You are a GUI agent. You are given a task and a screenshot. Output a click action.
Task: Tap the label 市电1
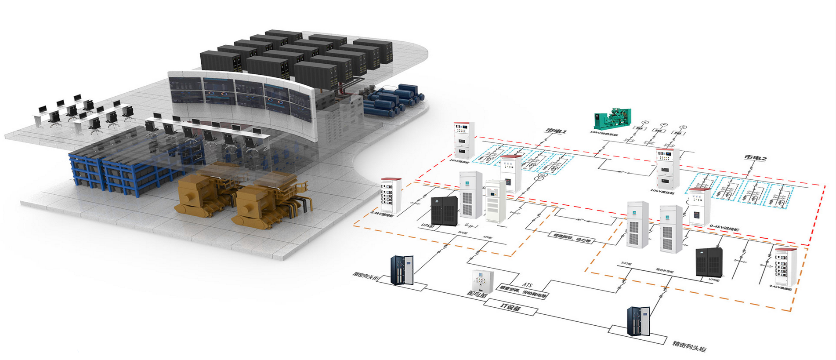click(x=555, y=131)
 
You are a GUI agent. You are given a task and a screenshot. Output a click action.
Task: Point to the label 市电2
click(x=755, y=157)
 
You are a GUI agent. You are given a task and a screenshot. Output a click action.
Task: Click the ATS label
click(x=527, y=285)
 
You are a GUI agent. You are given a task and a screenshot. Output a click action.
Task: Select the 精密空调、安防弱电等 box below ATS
click(x=522, y=292)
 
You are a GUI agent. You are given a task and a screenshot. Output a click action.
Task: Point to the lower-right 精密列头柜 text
click(x=689, y=346)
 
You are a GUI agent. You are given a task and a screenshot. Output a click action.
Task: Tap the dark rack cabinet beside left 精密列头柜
click(x=402, y=270)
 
